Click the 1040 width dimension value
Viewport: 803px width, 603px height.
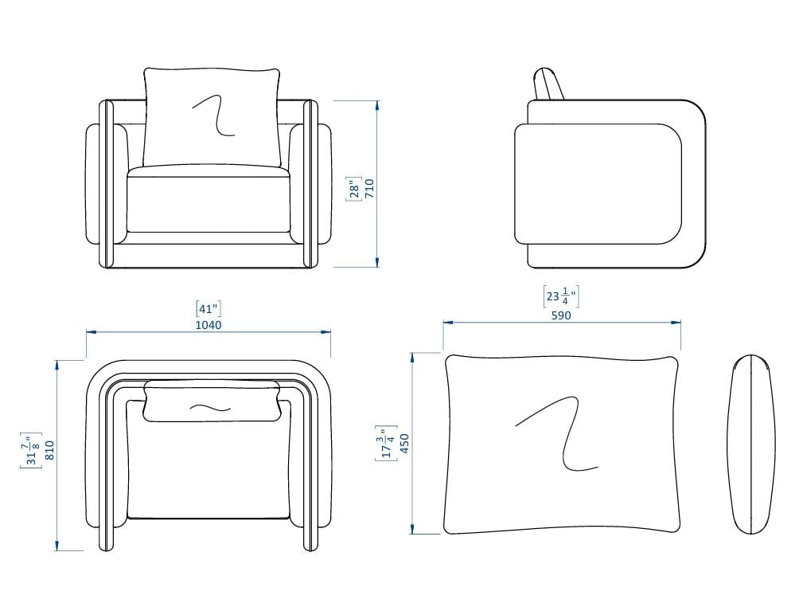(209, 325)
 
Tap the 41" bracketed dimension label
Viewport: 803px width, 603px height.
(209, 309)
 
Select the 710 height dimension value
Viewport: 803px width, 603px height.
(370, 189)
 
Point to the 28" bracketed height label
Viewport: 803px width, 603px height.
(354, 189)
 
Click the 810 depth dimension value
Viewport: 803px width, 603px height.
(49, 450)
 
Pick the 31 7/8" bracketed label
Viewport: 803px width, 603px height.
(31, 450)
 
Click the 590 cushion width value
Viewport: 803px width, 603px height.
(561, 315)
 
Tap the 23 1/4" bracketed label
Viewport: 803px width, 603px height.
(561, 296)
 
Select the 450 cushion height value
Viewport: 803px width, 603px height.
(404, 444)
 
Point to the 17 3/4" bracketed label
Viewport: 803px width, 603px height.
(386, 444)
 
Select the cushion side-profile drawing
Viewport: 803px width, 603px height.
(751, 444)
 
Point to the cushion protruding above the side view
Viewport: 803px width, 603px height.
(548, 84)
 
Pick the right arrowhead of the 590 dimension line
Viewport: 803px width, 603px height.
(676, 323)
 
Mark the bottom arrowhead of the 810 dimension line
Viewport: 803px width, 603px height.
(57, 546)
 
